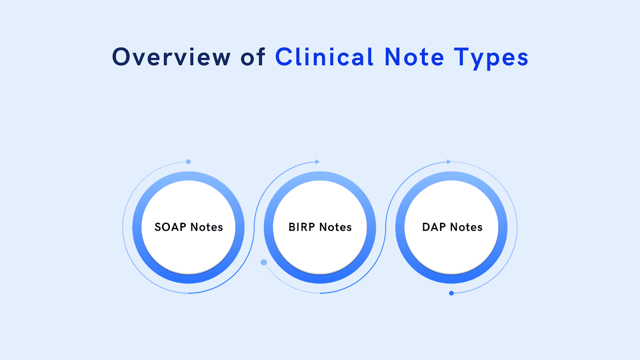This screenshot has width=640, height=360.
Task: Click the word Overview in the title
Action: pyautogui.click(x=171, y=57)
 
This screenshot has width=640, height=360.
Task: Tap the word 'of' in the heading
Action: pyautogui.click(x=253, y=57)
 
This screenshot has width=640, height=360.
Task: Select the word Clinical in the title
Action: pyautogui.click(x=324, y=57)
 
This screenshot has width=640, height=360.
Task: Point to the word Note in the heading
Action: pyautogui.click(x=414, y=57)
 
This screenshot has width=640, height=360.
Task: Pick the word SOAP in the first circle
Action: pyautogui.click(x=170, y=227)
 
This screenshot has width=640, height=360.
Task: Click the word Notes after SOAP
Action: pyautogui.click(x=206, y=227)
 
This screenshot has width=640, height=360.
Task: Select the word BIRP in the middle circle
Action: pyautogui.click(x=302, y=227)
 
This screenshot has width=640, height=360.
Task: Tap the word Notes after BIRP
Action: pyautogui.click(x=336, y=227)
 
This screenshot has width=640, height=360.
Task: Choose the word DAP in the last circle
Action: pyautogui.click(x=434, y=227)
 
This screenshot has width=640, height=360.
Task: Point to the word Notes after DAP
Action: pyautogui.click(x=466, y=227)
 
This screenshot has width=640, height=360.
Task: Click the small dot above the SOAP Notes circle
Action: pyautogui.click(x=188, y=162)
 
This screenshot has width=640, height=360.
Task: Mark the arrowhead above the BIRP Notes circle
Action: pyautogui.click(x=318, y=162)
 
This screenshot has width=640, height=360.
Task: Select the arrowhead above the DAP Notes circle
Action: pyautogui.click(x=449, y=162)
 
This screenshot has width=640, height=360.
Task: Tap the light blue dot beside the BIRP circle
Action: pyautogui.click(x=264, y=262)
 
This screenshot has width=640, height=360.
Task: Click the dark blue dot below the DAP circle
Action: pyautogui.click(x=451, y=293)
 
